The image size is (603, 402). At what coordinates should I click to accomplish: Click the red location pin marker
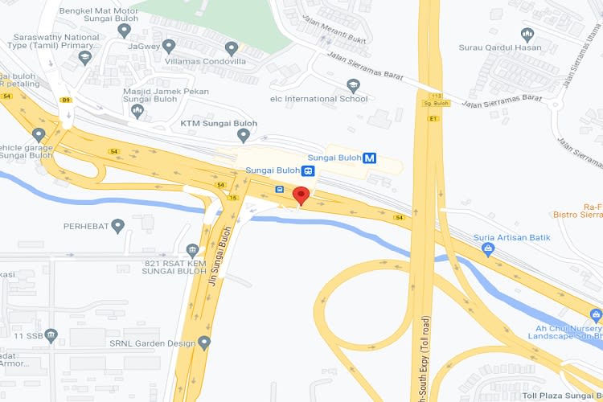pyautogui.click(x=301, y=195)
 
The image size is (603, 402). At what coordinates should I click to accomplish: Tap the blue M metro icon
pyautogui.click(x=370, y=158)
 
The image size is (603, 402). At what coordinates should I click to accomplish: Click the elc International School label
pyautogui.click(x=318, y=99)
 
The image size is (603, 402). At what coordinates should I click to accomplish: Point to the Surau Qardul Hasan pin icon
pyautogui.click(x=527, y=35)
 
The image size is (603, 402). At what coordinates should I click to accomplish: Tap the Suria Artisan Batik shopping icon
pyautogui.click(x=487, y=250)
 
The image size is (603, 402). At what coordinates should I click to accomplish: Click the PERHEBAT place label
pyautogui.click(x=85, y=226)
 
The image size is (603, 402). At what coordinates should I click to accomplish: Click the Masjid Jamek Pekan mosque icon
pyautogui.click(x=137, y=110)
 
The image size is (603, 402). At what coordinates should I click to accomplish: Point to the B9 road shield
pyautogui.click(x=67, y=100)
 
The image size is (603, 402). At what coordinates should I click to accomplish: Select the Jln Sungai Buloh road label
pyautogui.click(x=214, y=258)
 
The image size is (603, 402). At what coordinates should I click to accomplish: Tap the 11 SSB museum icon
pyautogui.click(x=51, y=334)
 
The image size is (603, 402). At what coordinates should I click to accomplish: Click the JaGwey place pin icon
pyautogui.click(x=169, y=45)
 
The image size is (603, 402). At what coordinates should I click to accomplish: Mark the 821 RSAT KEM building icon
pyautogui.click(x=191, y=250)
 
